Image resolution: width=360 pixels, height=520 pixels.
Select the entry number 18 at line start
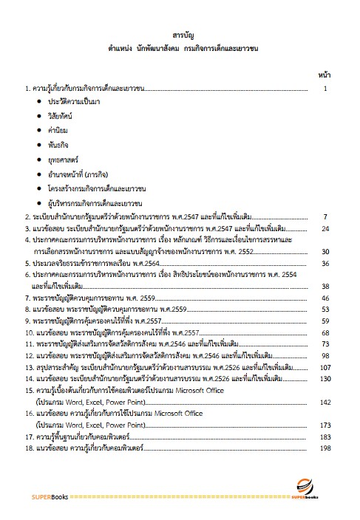pos(29,449)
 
